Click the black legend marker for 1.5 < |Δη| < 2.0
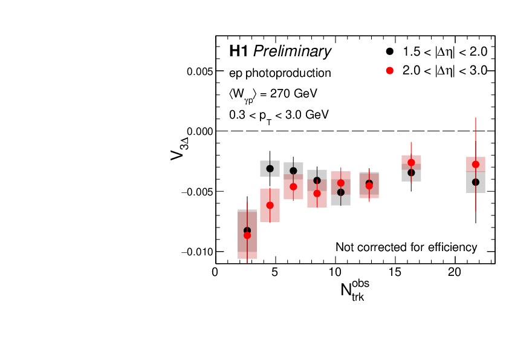(390, 51)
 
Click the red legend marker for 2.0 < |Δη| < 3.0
(390, 71)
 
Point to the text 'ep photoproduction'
(280, 73)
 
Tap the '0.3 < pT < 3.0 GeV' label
(279, 114)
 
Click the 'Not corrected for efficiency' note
(406, 247)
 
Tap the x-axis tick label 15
(395, 273)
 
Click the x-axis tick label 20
(455, 273)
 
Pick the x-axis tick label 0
(215, 273)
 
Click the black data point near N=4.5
(270, 169)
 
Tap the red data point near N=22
(476, 165)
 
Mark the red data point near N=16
(411, 163)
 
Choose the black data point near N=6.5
(293, 171)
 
